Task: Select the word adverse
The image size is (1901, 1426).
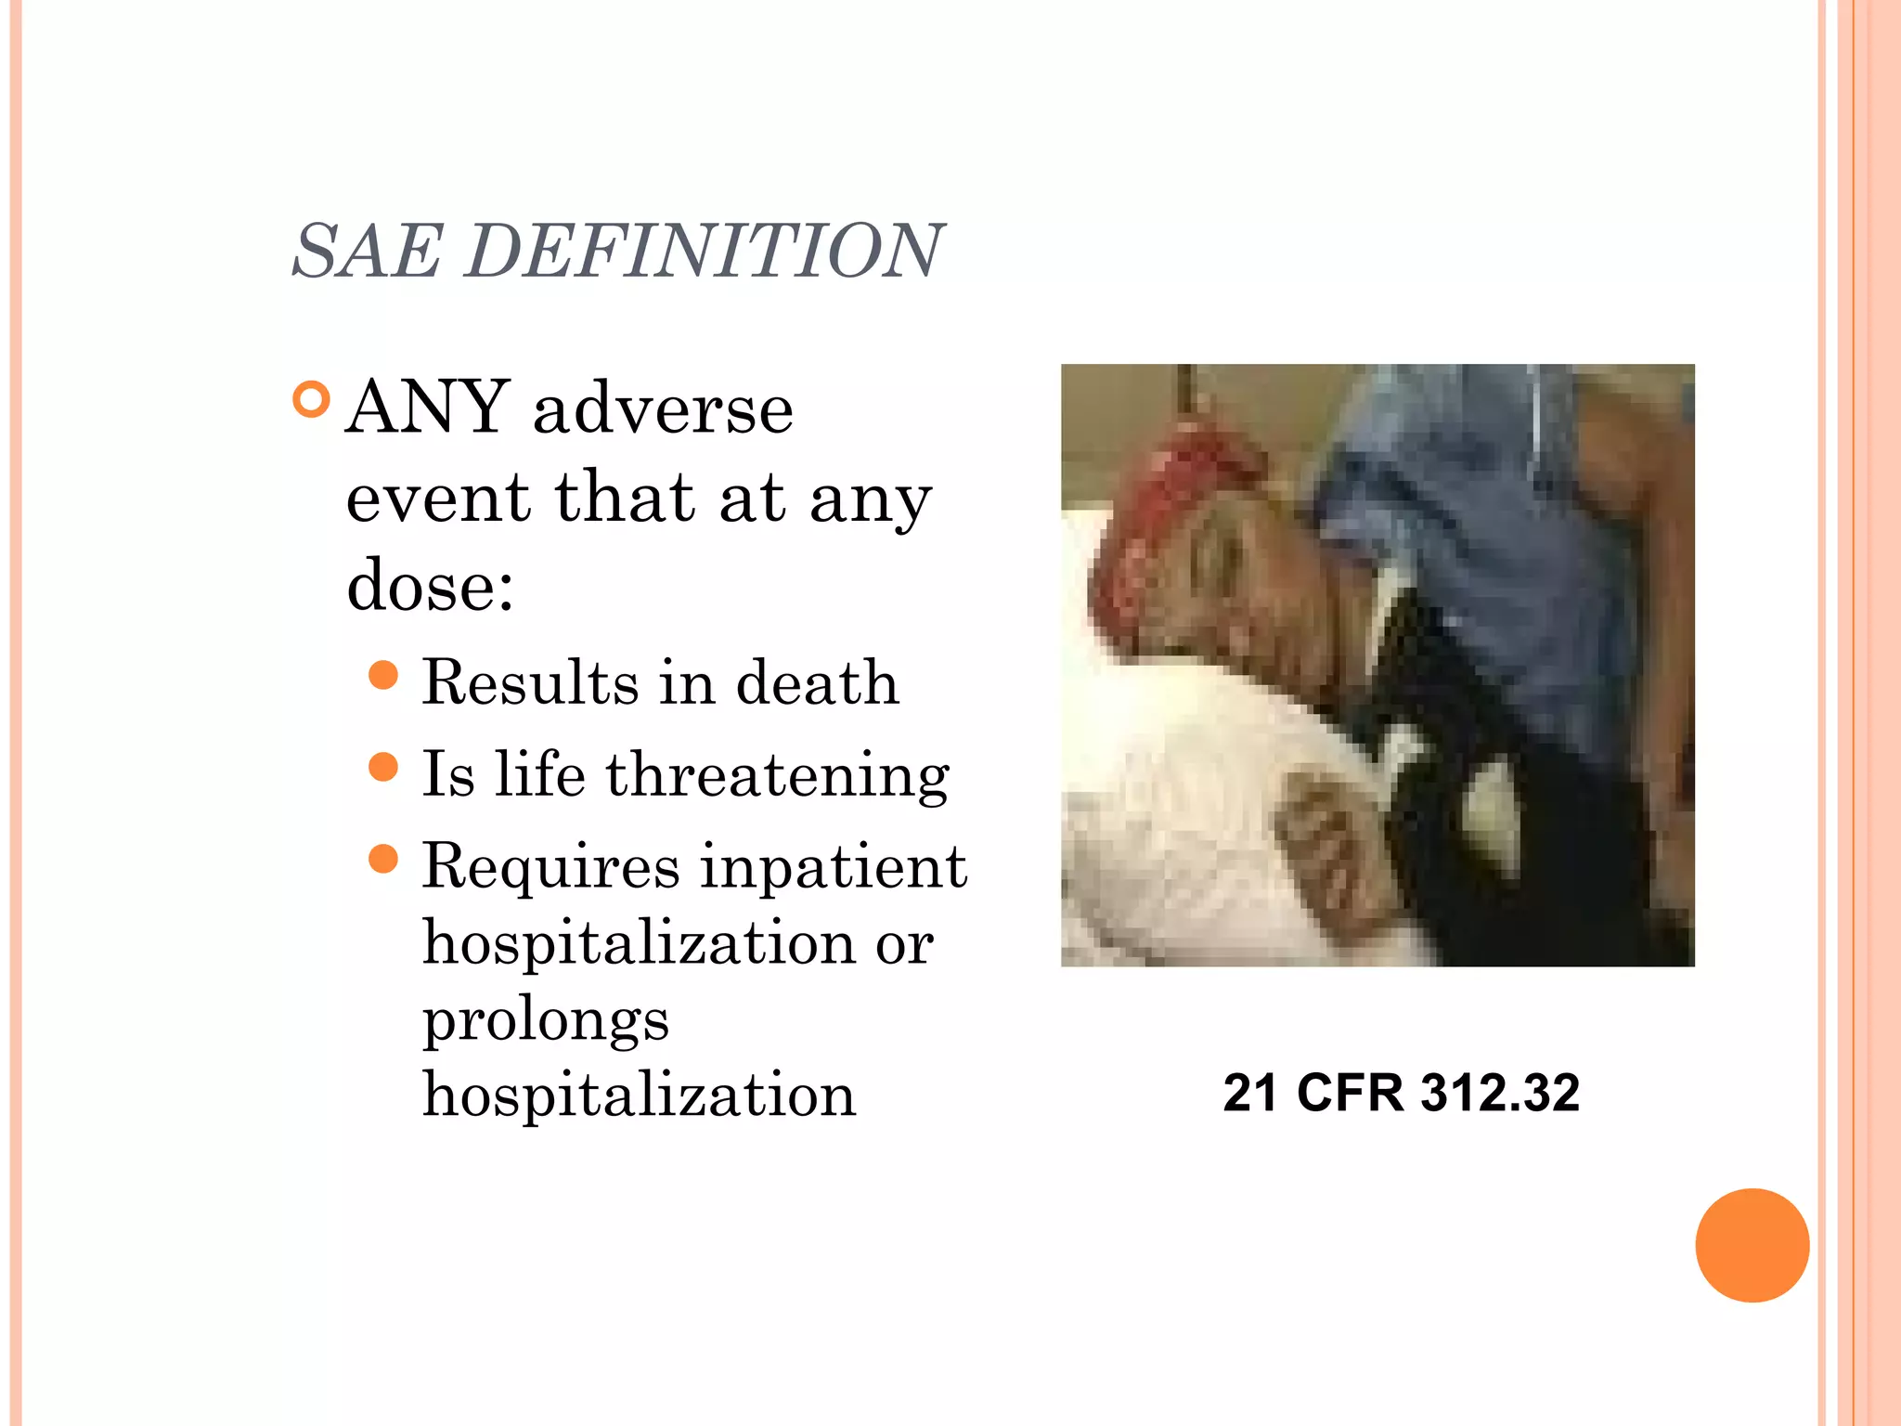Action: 663,408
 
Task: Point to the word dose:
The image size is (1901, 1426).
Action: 430,585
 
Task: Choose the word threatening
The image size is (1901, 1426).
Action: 778,774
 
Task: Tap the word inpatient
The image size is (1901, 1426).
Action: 834,867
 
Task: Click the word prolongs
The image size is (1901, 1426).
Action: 546,1019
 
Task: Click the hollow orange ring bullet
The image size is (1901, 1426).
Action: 311,399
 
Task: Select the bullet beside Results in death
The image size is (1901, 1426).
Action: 383,675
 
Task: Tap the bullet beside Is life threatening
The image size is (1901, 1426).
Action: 383,767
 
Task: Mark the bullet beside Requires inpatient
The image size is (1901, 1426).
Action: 383,859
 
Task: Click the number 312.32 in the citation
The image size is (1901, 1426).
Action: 1500,1093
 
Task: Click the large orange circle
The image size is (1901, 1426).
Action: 1752,1245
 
